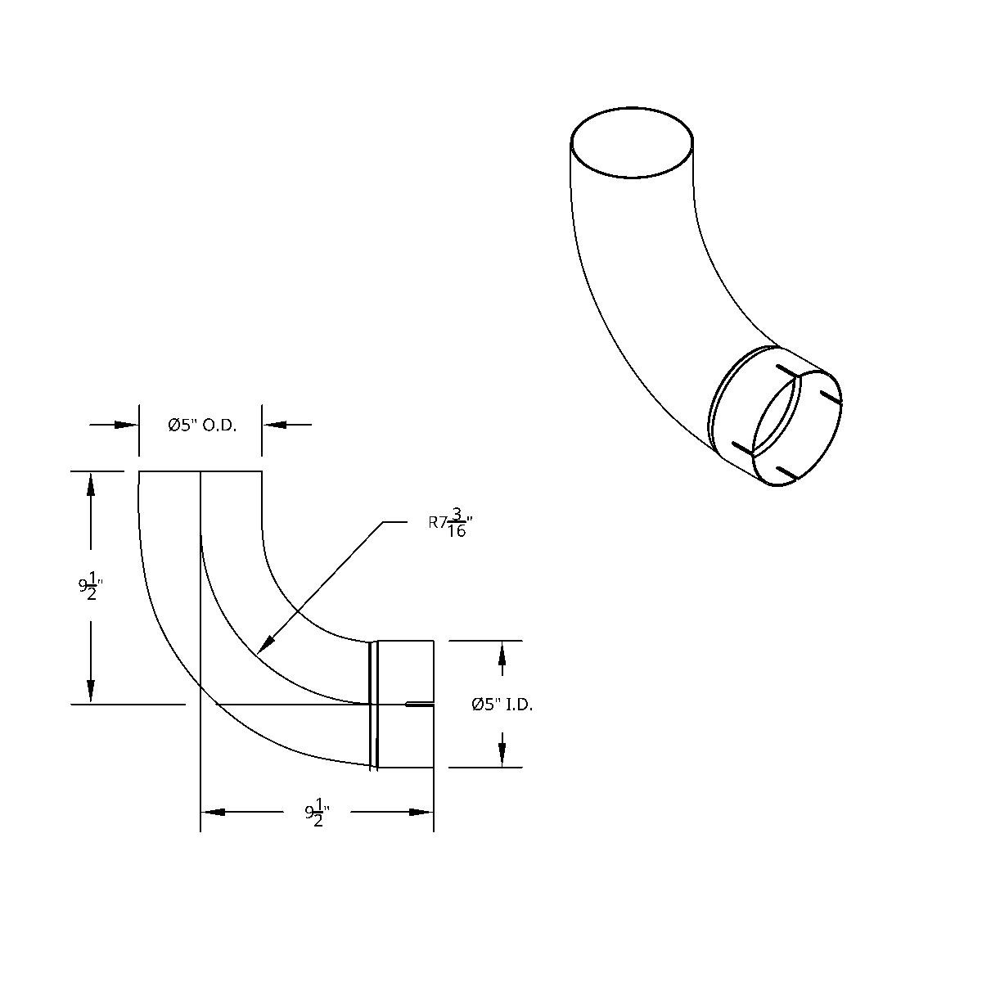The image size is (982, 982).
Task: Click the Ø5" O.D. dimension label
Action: click(x=202, y=425)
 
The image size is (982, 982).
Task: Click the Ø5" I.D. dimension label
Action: click(x=502, y=705)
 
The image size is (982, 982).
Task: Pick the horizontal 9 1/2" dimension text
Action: click(x=317, y=813)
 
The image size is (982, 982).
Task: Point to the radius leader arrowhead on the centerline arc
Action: click(x=263, y=646)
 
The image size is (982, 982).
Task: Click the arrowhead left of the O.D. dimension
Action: click(x=127, y=425)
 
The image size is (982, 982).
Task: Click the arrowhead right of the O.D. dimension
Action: click(x=273, y=425)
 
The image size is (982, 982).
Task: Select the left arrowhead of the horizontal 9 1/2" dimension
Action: click(x=213, y=812)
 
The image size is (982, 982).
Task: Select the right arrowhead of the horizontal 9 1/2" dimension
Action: click(x=421, y=812)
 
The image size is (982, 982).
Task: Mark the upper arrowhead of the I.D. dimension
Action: click(x=502, y=652)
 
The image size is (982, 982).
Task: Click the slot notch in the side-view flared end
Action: click(x=420, y=703)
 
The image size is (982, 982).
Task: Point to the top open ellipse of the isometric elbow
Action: click(x=632, y=142)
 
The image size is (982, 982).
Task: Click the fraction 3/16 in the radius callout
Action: click(x=457, y=523)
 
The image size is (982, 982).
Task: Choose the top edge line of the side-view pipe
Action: click(x=200, y=471)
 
